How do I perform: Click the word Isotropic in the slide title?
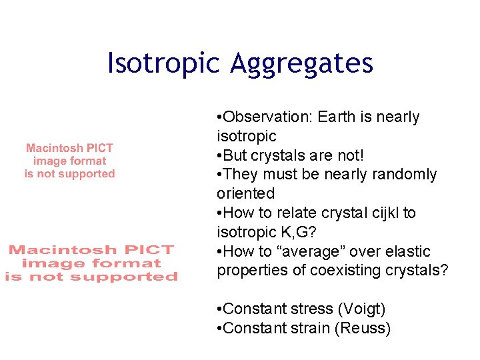163,63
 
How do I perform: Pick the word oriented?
245,194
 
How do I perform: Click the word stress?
313,309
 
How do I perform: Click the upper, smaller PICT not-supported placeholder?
69,161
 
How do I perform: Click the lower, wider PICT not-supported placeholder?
91,263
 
